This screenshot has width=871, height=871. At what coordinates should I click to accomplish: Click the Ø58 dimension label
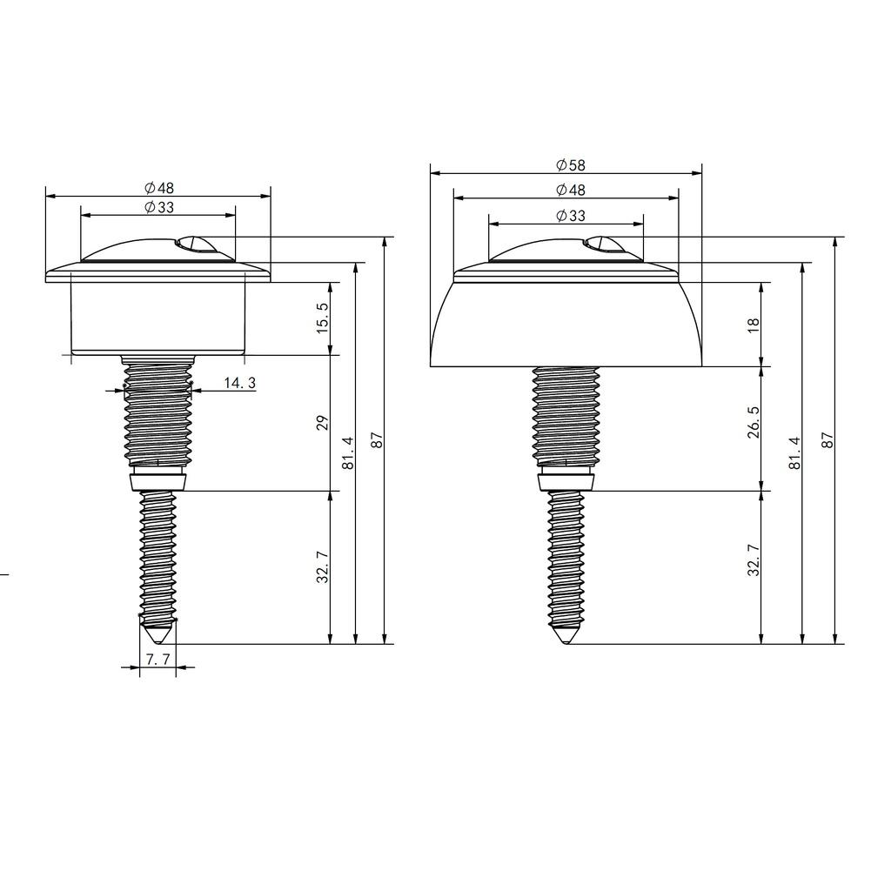[571, 165]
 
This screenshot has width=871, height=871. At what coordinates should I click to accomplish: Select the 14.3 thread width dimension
[240, 383]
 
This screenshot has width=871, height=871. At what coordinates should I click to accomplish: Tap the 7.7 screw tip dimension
[157, 660]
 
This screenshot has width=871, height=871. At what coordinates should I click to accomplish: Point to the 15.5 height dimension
[323, 318]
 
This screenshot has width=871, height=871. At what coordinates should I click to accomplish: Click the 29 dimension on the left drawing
[323, 423]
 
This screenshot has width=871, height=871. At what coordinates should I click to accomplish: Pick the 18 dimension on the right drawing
[754, 325]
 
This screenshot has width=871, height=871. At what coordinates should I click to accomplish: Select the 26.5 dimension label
[754, 422]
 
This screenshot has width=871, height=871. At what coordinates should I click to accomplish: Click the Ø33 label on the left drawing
[159, 207]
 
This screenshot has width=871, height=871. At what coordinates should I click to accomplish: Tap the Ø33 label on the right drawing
[571, 216]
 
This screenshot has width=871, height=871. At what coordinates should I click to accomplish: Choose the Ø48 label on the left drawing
[159, 188]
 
